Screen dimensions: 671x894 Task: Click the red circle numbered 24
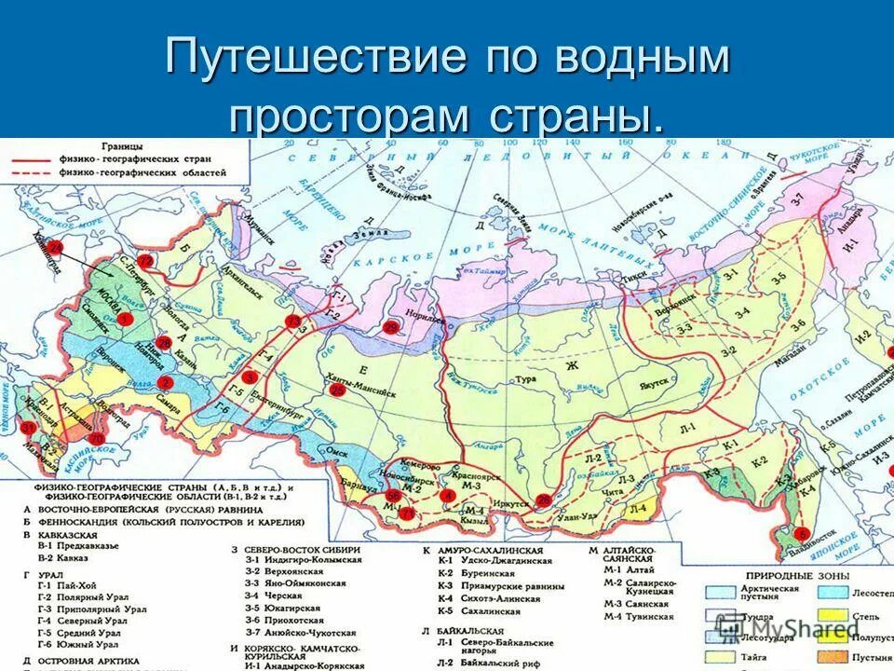tap(56, 248)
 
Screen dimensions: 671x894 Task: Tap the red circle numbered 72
tap(144, 261)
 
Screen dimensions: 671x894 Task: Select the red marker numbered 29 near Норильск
tap(391, 326)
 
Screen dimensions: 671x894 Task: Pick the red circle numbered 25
tap(338, 390)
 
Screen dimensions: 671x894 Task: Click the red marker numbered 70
tap(96, 438)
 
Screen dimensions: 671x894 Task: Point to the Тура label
tap(521, 378)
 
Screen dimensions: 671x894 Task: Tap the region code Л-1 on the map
tap(686, 427)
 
